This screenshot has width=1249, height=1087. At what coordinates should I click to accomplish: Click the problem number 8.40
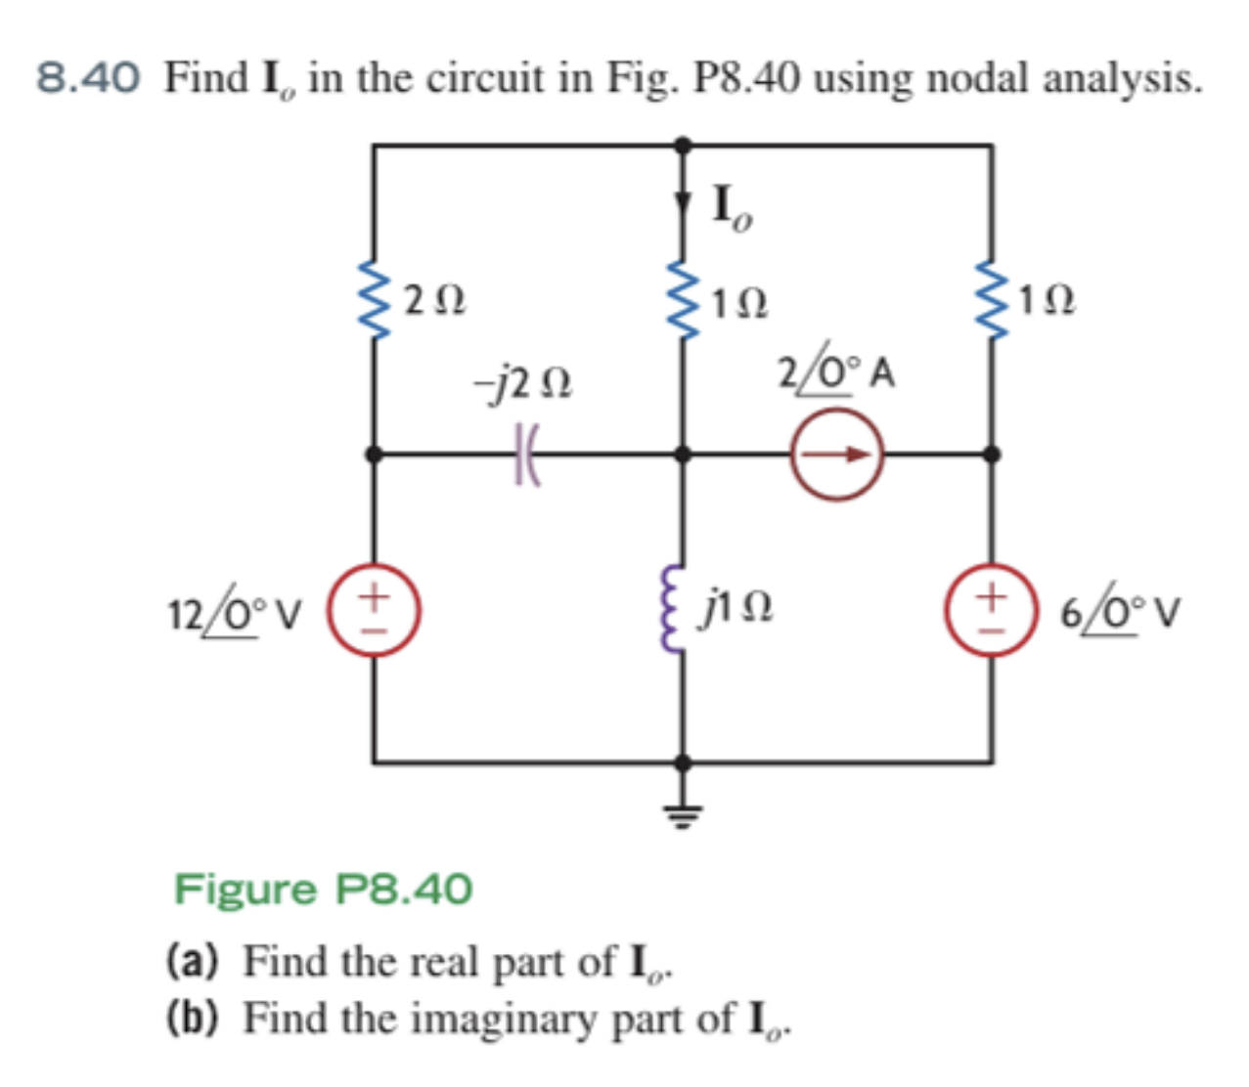(88, 78)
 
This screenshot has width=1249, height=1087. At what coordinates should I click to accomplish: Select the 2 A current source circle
(837, 455)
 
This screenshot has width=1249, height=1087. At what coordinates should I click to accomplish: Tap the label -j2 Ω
(523, 383)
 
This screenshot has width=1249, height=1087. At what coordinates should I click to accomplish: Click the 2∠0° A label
(836, 373)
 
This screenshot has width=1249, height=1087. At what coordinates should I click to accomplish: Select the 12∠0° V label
(235, 613)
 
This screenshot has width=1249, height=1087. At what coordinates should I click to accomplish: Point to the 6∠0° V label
(1121, 613)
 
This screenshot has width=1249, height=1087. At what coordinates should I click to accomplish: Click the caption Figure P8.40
(323, 890)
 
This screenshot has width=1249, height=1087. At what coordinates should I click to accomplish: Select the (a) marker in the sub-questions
(192, 962)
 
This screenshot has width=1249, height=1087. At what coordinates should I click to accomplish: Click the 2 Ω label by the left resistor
(435, 300)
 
